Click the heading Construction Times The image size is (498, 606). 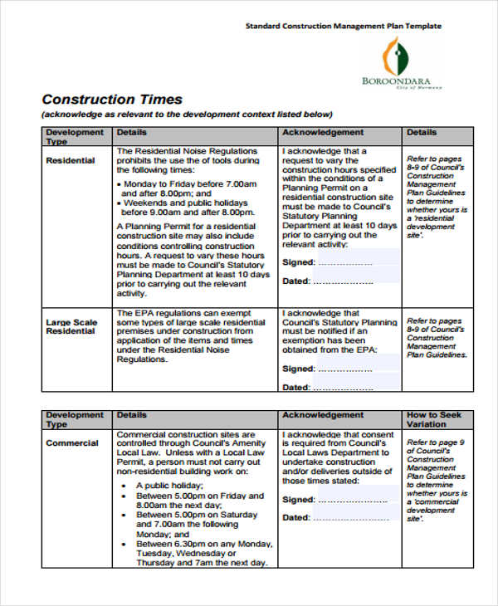[111, 99]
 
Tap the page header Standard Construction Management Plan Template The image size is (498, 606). [343, 27]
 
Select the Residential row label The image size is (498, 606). [70, 160]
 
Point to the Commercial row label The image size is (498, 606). [71, 443]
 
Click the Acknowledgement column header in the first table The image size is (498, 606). [323, 133]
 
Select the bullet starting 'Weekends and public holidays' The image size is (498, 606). [189, 202]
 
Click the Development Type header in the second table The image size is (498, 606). [74, 419]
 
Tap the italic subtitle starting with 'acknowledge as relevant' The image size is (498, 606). [188, 115]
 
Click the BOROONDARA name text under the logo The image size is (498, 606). [396, 81]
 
